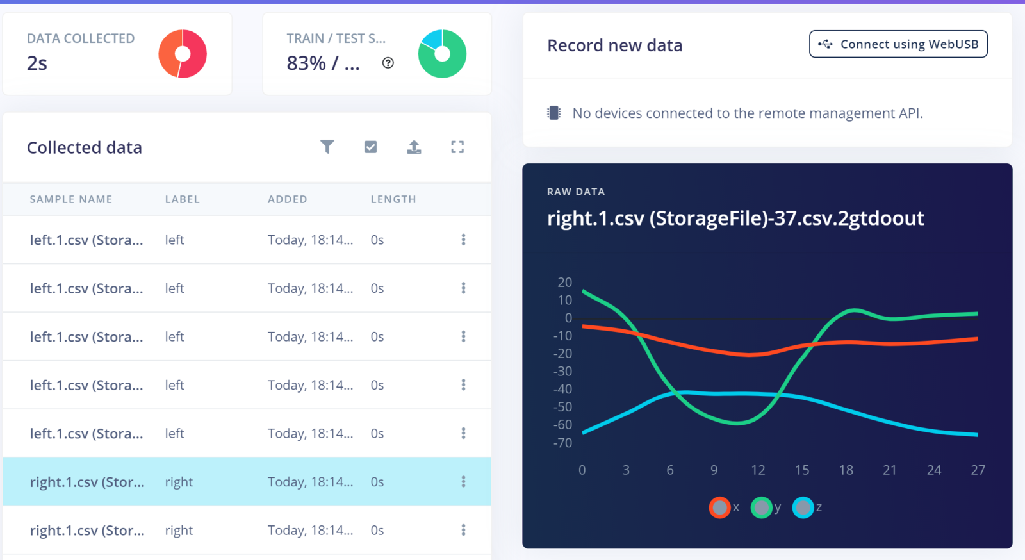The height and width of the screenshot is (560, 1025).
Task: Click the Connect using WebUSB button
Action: pos(898,44)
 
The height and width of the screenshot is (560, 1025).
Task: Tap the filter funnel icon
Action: pos(327,147)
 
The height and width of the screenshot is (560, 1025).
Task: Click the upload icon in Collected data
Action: pos(414,147)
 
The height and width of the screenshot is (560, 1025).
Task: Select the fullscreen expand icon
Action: pos(457,147)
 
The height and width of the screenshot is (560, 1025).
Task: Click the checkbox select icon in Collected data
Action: pos(370,147)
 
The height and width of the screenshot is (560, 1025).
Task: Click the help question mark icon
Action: pos(388,63)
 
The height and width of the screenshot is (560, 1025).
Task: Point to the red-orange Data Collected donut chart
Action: pos(183,54)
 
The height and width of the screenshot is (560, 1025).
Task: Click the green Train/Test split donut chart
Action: pos(442,54)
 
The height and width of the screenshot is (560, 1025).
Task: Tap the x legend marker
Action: pos(719,507)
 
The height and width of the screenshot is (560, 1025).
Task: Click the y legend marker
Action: pos(761,507)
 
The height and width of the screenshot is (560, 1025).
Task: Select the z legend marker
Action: pos(803,507)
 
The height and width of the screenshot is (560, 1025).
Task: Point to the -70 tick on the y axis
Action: pos(562,443)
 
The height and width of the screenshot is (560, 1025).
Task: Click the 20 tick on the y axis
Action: pos(564,283)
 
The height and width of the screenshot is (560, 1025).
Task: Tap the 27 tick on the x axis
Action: pos(978,470)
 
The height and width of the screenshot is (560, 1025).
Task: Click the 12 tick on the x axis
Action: pos(758,470)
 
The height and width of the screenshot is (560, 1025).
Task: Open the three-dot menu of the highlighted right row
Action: pos(463,482)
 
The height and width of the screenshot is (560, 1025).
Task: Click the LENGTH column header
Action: pos(393,199)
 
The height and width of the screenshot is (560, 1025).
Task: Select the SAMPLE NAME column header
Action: pos(71,199)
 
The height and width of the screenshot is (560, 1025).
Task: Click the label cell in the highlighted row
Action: pos(179,482)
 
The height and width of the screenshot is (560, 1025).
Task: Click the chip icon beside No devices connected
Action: pos(554,113)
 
